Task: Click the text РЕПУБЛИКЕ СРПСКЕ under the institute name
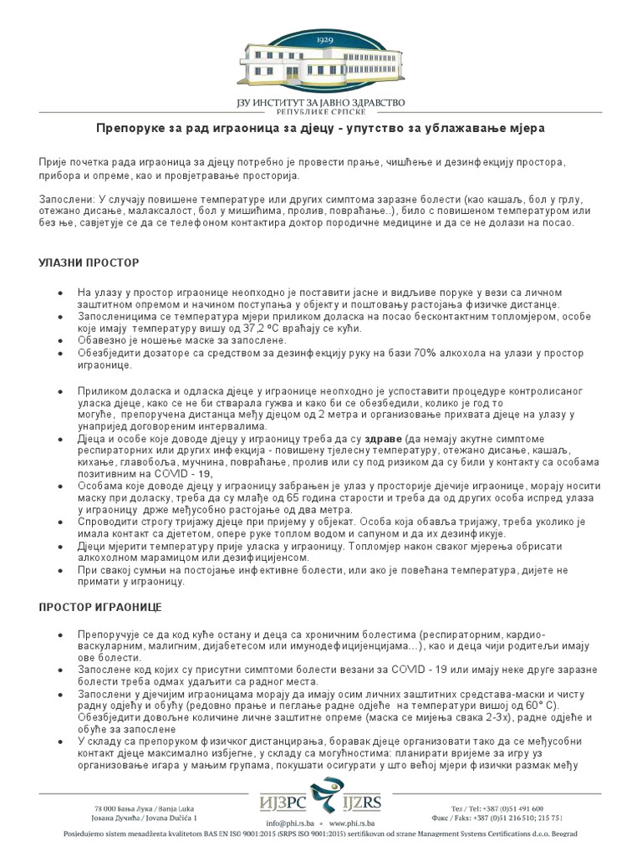click(321, 110)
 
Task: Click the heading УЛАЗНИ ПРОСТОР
click(89, 262)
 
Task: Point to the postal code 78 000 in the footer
click(107, 809)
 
